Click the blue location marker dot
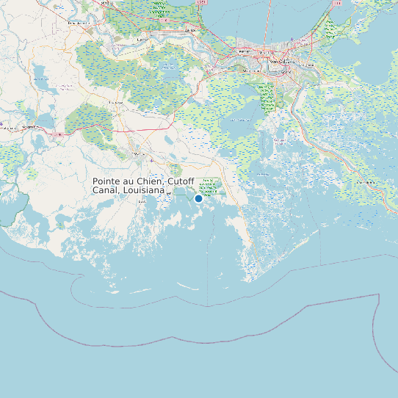point(198,198)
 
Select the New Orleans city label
point(282,62)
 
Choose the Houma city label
point(138,154)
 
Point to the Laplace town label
point(192,30)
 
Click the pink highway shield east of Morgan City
point(59,134)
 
